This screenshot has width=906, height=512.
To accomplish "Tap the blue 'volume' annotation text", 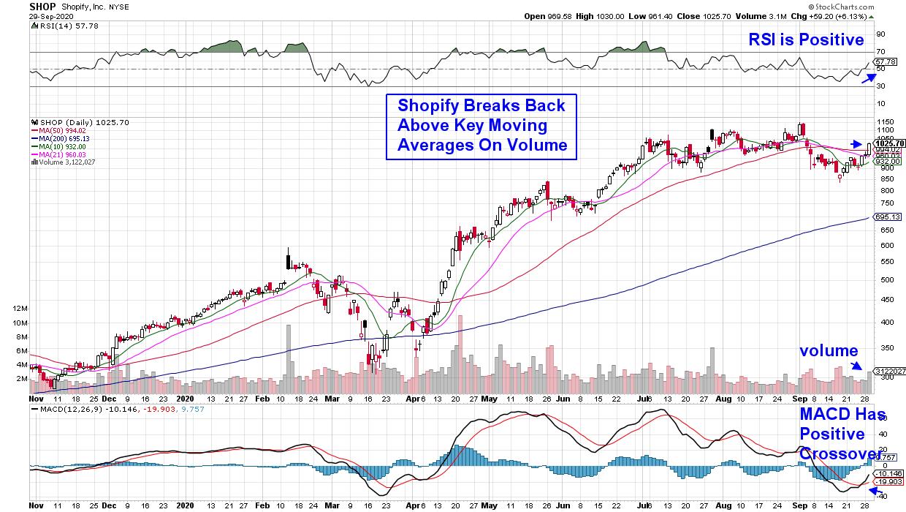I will pos(828,350).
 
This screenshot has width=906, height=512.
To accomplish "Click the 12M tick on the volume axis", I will pos(20,309).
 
